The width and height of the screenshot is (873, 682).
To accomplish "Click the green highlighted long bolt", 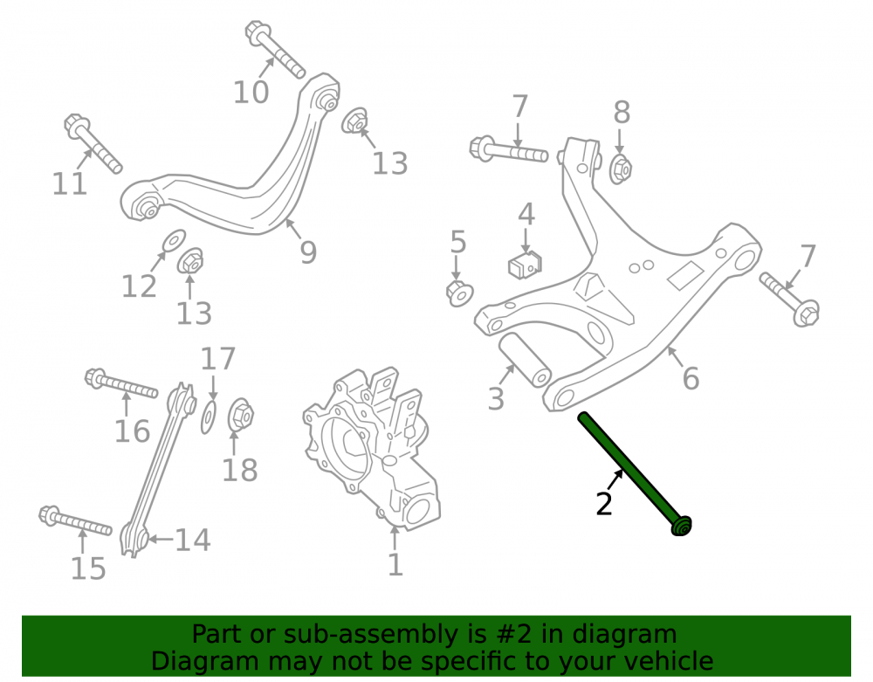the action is [634, 472].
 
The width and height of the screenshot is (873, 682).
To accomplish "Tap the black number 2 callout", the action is [604, 504].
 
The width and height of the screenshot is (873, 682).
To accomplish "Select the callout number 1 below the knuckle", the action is [395, 564].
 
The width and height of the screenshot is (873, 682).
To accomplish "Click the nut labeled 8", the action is [620, 169].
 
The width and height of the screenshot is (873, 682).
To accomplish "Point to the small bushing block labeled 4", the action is [526, 265].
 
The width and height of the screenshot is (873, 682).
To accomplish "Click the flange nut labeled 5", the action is [459, 293].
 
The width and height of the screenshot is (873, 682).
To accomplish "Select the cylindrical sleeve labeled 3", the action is [524, 360].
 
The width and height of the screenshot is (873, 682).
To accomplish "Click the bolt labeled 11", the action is [93, 143].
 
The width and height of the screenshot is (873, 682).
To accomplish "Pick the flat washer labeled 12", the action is [175, 240].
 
